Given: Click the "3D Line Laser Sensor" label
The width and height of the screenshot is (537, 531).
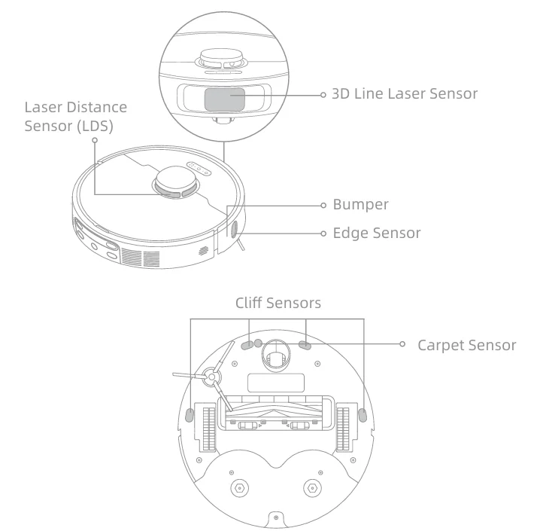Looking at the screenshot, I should (405, 94).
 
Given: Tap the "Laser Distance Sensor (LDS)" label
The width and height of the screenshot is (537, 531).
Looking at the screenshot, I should (75, 117).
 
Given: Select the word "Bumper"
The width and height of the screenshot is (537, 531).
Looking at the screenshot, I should (361, 204).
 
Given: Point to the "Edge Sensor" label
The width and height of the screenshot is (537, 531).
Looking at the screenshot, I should (377, 233).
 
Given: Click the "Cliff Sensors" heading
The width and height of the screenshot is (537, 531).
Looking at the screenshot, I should (278, 303).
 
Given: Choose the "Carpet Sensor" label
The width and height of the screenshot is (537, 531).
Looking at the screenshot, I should (466, 345).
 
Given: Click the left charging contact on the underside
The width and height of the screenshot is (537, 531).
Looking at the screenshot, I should (238, 488).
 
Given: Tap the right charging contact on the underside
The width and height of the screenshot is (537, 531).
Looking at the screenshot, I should (311, 488).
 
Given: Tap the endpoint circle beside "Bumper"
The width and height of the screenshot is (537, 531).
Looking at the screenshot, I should (322, 204).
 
